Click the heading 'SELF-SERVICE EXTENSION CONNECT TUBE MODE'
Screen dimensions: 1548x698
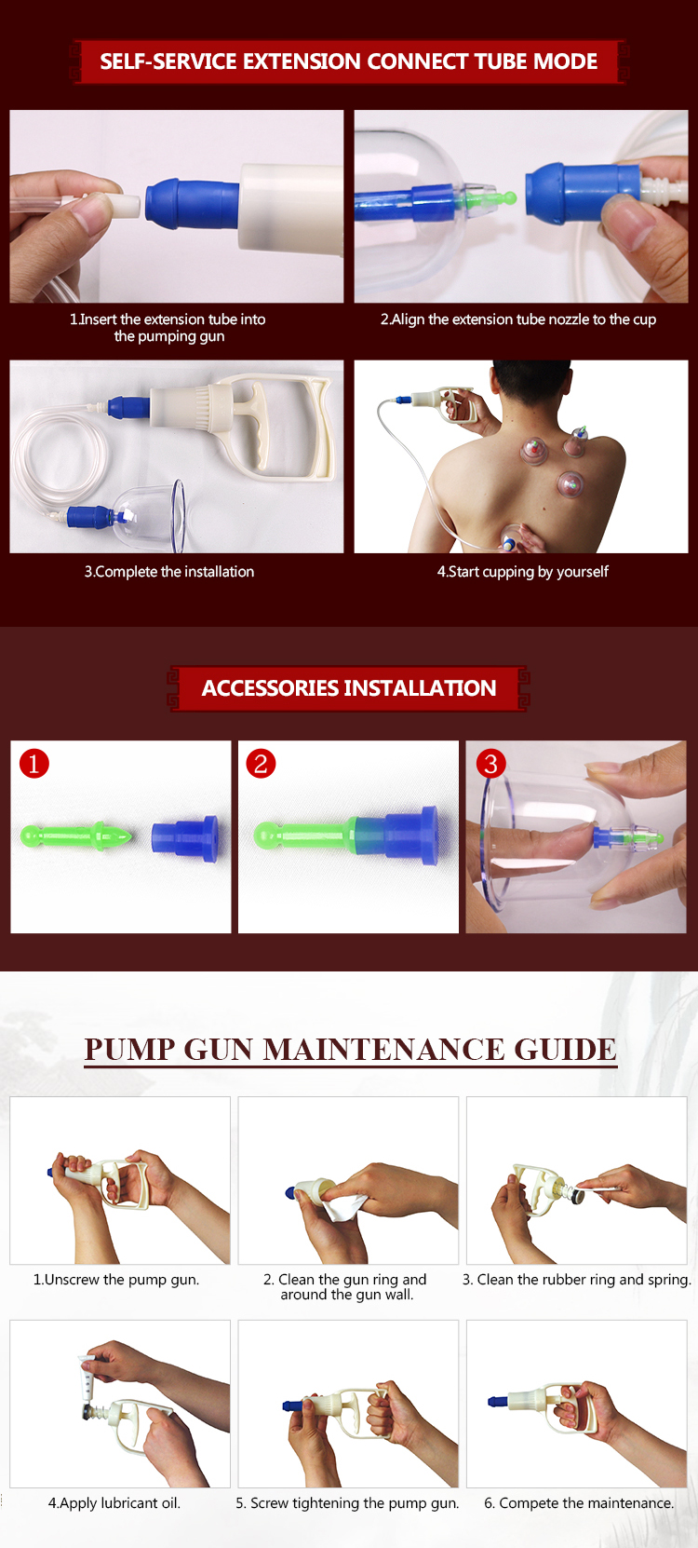point(348,61)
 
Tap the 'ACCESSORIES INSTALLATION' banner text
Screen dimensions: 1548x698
point(348,688)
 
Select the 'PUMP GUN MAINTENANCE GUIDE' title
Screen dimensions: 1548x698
point(350,1049)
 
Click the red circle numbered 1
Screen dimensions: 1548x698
point(34,764)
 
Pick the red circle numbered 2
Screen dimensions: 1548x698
point(261,764)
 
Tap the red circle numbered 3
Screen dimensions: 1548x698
point(490,764)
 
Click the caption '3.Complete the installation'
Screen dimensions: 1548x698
point(169,572)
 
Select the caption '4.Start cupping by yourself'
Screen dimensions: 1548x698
point(522,572)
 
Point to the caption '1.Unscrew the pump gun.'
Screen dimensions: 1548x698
point(116,1280)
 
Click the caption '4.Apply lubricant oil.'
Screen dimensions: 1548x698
point(114,1503)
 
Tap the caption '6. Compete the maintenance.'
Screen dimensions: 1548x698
point(578,1503)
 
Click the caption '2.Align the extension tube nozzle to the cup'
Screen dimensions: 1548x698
point(517,319)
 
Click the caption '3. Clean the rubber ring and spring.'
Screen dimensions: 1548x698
point(576,1280)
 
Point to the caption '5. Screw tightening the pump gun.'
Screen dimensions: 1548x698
point(347,1503)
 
